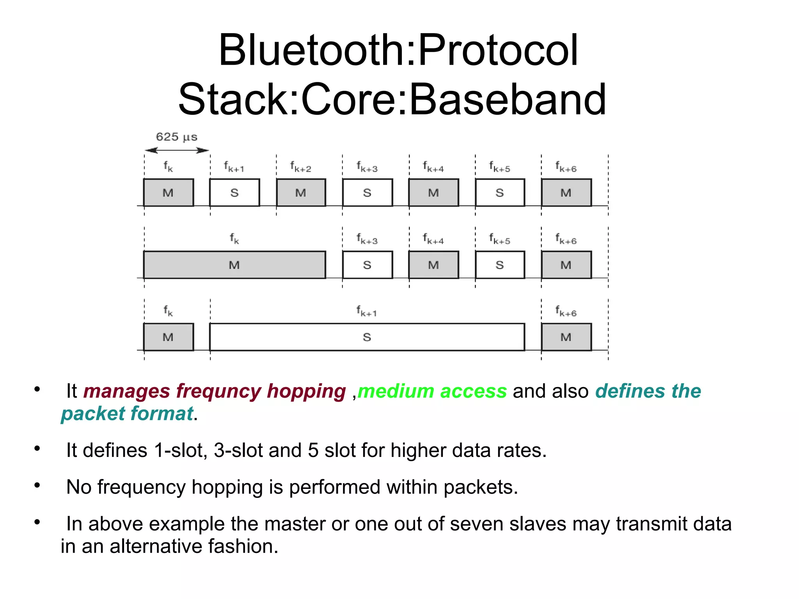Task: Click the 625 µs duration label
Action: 176,137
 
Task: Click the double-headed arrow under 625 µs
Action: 177,150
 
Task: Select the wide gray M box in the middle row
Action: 234,265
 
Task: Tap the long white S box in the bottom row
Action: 367,337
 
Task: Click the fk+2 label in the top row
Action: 300,167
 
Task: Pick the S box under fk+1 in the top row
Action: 234,193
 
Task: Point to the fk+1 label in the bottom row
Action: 366,311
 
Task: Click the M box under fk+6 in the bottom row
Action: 566,337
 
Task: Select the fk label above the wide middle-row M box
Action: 234,238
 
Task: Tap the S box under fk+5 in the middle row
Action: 500,265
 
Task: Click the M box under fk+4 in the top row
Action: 433,193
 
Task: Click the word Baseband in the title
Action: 508,100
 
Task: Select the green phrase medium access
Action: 432,391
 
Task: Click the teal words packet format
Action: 127,414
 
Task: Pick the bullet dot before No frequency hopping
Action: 37,485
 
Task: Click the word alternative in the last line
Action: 156,546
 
